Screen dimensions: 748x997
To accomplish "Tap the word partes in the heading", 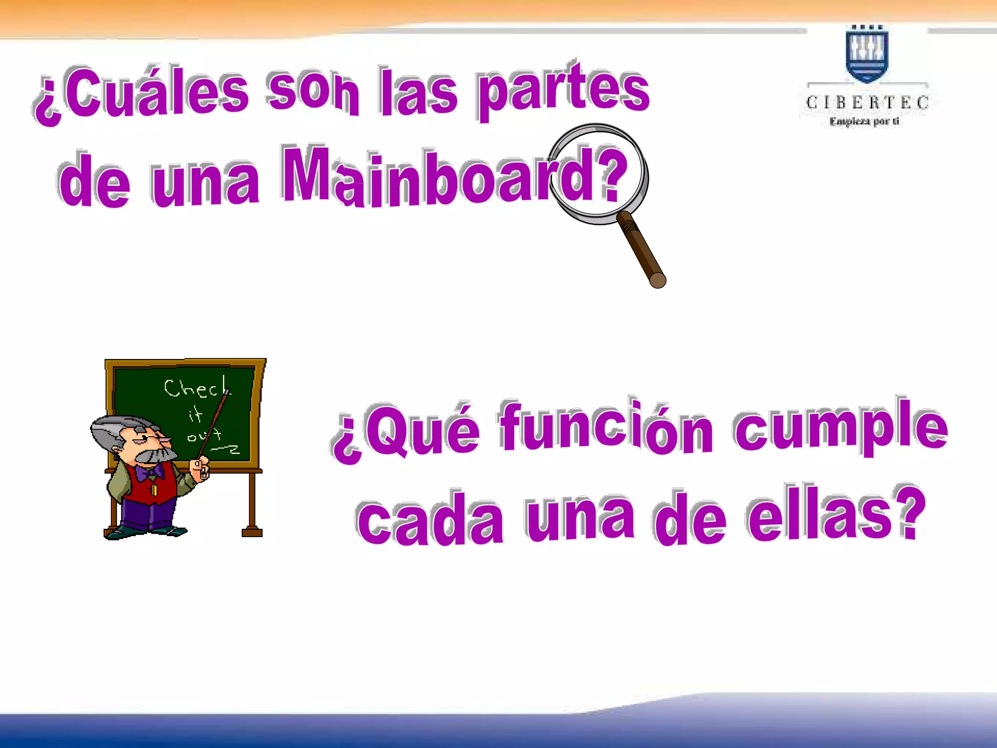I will (x=562, y=90).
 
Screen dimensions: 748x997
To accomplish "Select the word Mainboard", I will (x=453, y=178).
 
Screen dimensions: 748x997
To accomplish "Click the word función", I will (x=606, y=426).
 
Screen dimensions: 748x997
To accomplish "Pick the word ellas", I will (x=835, y=516).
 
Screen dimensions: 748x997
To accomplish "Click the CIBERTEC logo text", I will (x=867, y=103).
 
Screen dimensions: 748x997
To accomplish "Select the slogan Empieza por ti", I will (x=865, y=121).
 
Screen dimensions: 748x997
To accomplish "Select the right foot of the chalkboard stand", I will (x=252, y=531).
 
